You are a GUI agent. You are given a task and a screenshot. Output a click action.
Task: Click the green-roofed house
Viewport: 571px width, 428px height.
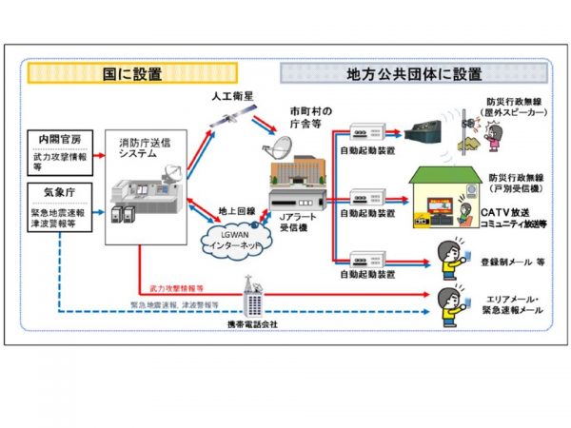tap(445, 195)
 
